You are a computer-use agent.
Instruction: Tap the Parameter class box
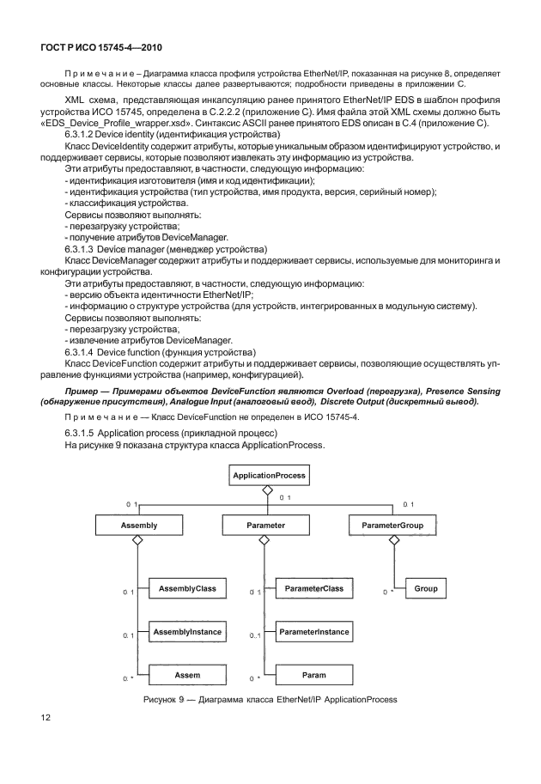[266, 524]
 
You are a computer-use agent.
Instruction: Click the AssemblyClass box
[187, 589]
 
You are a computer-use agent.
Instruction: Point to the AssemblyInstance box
[187, 632]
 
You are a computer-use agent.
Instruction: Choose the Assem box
[187, 675]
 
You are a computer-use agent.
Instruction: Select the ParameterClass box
[313, 589]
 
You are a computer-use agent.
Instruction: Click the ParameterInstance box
[313, 632]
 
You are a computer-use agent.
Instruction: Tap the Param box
[313, 675]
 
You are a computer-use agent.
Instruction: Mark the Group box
[425, 589]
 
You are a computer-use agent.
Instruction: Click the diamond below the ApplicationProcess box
[267, 489]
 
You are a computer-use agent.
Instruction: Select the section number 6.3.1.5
[83, 434]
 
